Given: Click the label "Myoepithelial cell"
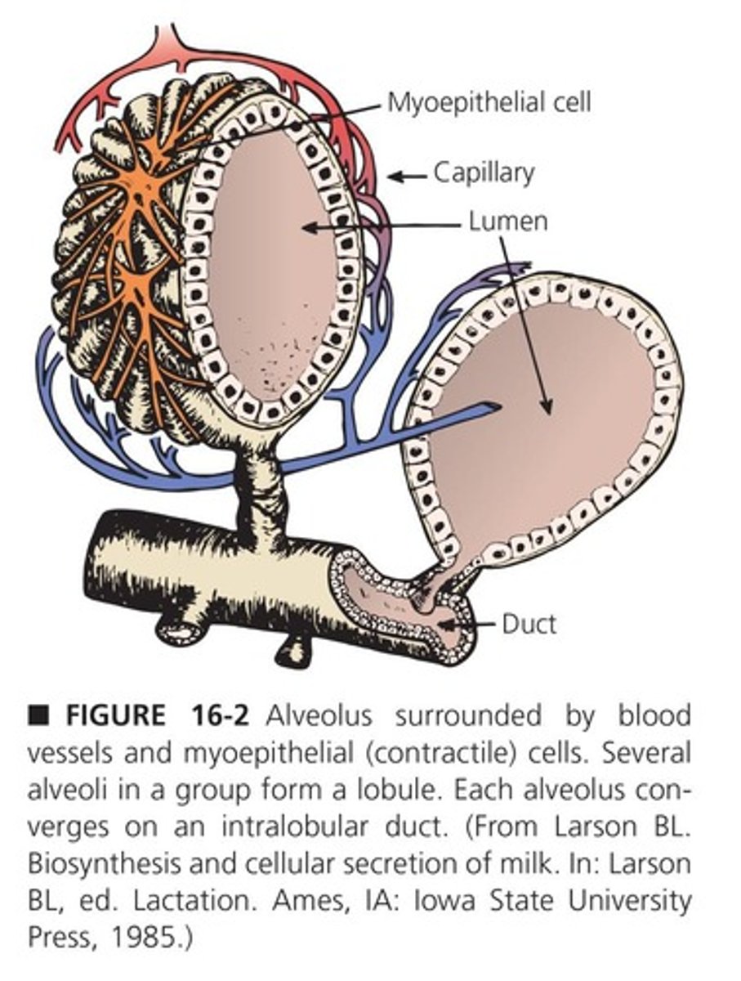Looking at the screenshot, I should pyautogui.click(x=489, y=102).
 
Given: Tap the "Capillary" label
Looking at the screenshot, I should pyautogui.click(x=484, y=172).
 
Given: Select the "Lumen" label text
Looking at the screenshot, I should pyautogui.click(x=507, y=222).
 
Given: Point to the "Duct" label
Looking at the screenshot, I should pyautogui.click(x=529, y=625).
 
